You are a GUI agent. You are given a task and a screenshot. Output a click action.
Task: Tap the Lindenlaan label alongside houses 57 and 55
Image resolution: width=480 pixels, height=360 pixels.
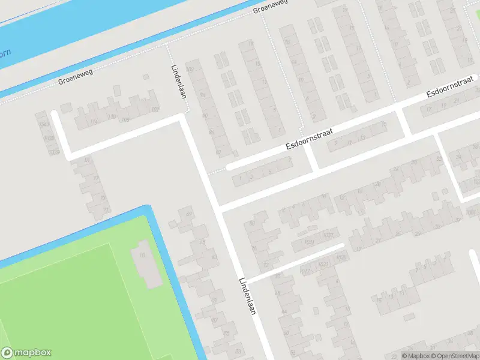[x=248, y=296]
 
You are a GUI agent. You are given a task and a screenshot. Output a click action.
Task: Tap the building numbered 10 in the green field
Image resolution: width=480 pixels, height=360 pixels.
[x=142, y=255]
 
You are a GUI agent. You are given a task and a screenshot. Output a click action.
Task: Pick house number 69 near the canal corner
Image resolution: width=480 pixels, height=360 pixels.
[x=189, y=215]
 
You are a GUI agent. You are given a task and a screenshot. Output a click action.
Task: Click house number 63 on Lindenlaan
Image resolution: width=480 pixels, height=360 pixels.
[x=214, y=257]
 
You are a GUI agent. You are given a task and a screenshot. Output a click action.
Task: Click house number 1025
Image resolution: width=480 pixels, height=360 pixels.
[x=310, y=242]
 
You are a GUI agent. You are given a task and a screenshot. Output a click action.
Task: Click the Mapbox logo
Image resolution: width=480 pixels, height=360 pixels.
[x=26, y=353]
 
